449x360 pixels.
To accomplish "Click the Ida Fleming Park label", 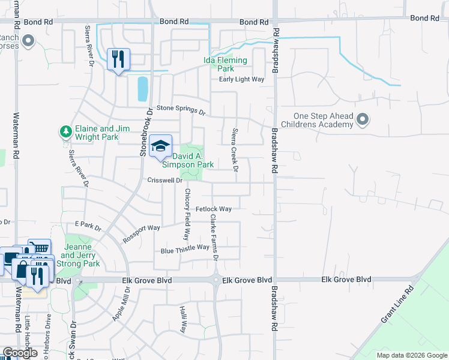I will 226,65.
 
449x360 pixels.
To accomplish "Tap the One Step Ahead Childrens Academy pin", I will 362,120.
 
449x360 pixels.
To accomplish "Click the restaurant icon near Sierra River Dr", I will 117,59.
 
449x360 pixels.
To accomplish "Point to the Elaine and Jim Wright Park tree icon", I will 65,130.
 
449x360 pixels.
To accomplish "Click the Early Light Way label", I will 241,79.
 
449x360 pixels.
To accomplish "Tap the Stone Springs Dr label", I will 181,110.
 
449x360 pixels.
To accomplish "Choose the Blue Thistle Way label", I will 184,248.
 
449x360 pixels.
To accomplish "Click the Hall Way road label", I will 184,314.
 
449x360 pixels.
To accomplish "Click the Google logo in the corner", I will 20,353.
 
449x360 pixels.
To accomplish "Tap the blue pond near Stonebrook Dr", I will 143,89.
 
